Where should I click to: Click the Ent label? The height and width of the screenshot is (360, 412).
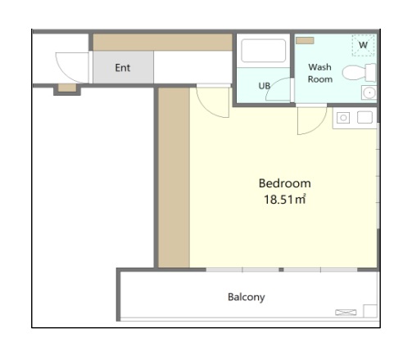[123, 68]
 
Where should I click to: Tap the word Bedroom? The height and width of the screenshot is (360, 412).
[284, 183]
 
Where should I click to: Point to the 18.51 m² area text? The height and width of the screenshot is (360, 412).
[284, 199]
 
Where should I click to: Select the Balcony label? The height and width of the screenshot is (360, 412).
[247, 297]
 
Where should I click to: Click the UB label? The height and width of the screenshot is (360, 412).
[264, 86]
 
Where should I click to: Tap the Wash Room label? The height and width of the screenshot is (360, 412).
[320, 73]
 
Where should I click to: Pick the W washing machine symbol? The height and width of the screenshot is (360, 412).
[363, 45]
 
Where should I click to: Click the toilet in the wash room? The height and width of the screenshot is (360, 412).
[360, 73]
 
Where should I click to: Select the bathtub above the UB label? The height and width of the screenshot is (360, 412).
[264, 51]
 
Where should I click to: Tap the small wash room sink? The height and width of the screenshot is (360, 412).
[369, 92]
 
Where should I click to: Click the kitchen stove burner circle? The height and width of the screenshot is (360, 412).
[343, 118]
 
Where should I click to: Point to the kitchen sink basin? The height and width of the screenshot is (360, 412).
[365, 118]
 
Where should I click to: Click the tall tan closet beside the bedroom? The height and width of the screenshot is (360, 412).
[174, 178]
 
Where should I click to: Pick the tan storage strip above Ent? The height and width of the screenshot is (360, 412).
[163, 43]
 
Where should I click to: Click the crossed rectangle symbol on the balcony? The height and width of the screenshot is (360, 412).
[346, 313]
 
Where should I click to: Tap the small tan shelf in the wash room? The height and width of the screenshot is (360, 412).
[305, 40]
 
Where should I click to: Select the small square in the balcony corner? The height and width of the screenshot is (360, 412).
[370, 311]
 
